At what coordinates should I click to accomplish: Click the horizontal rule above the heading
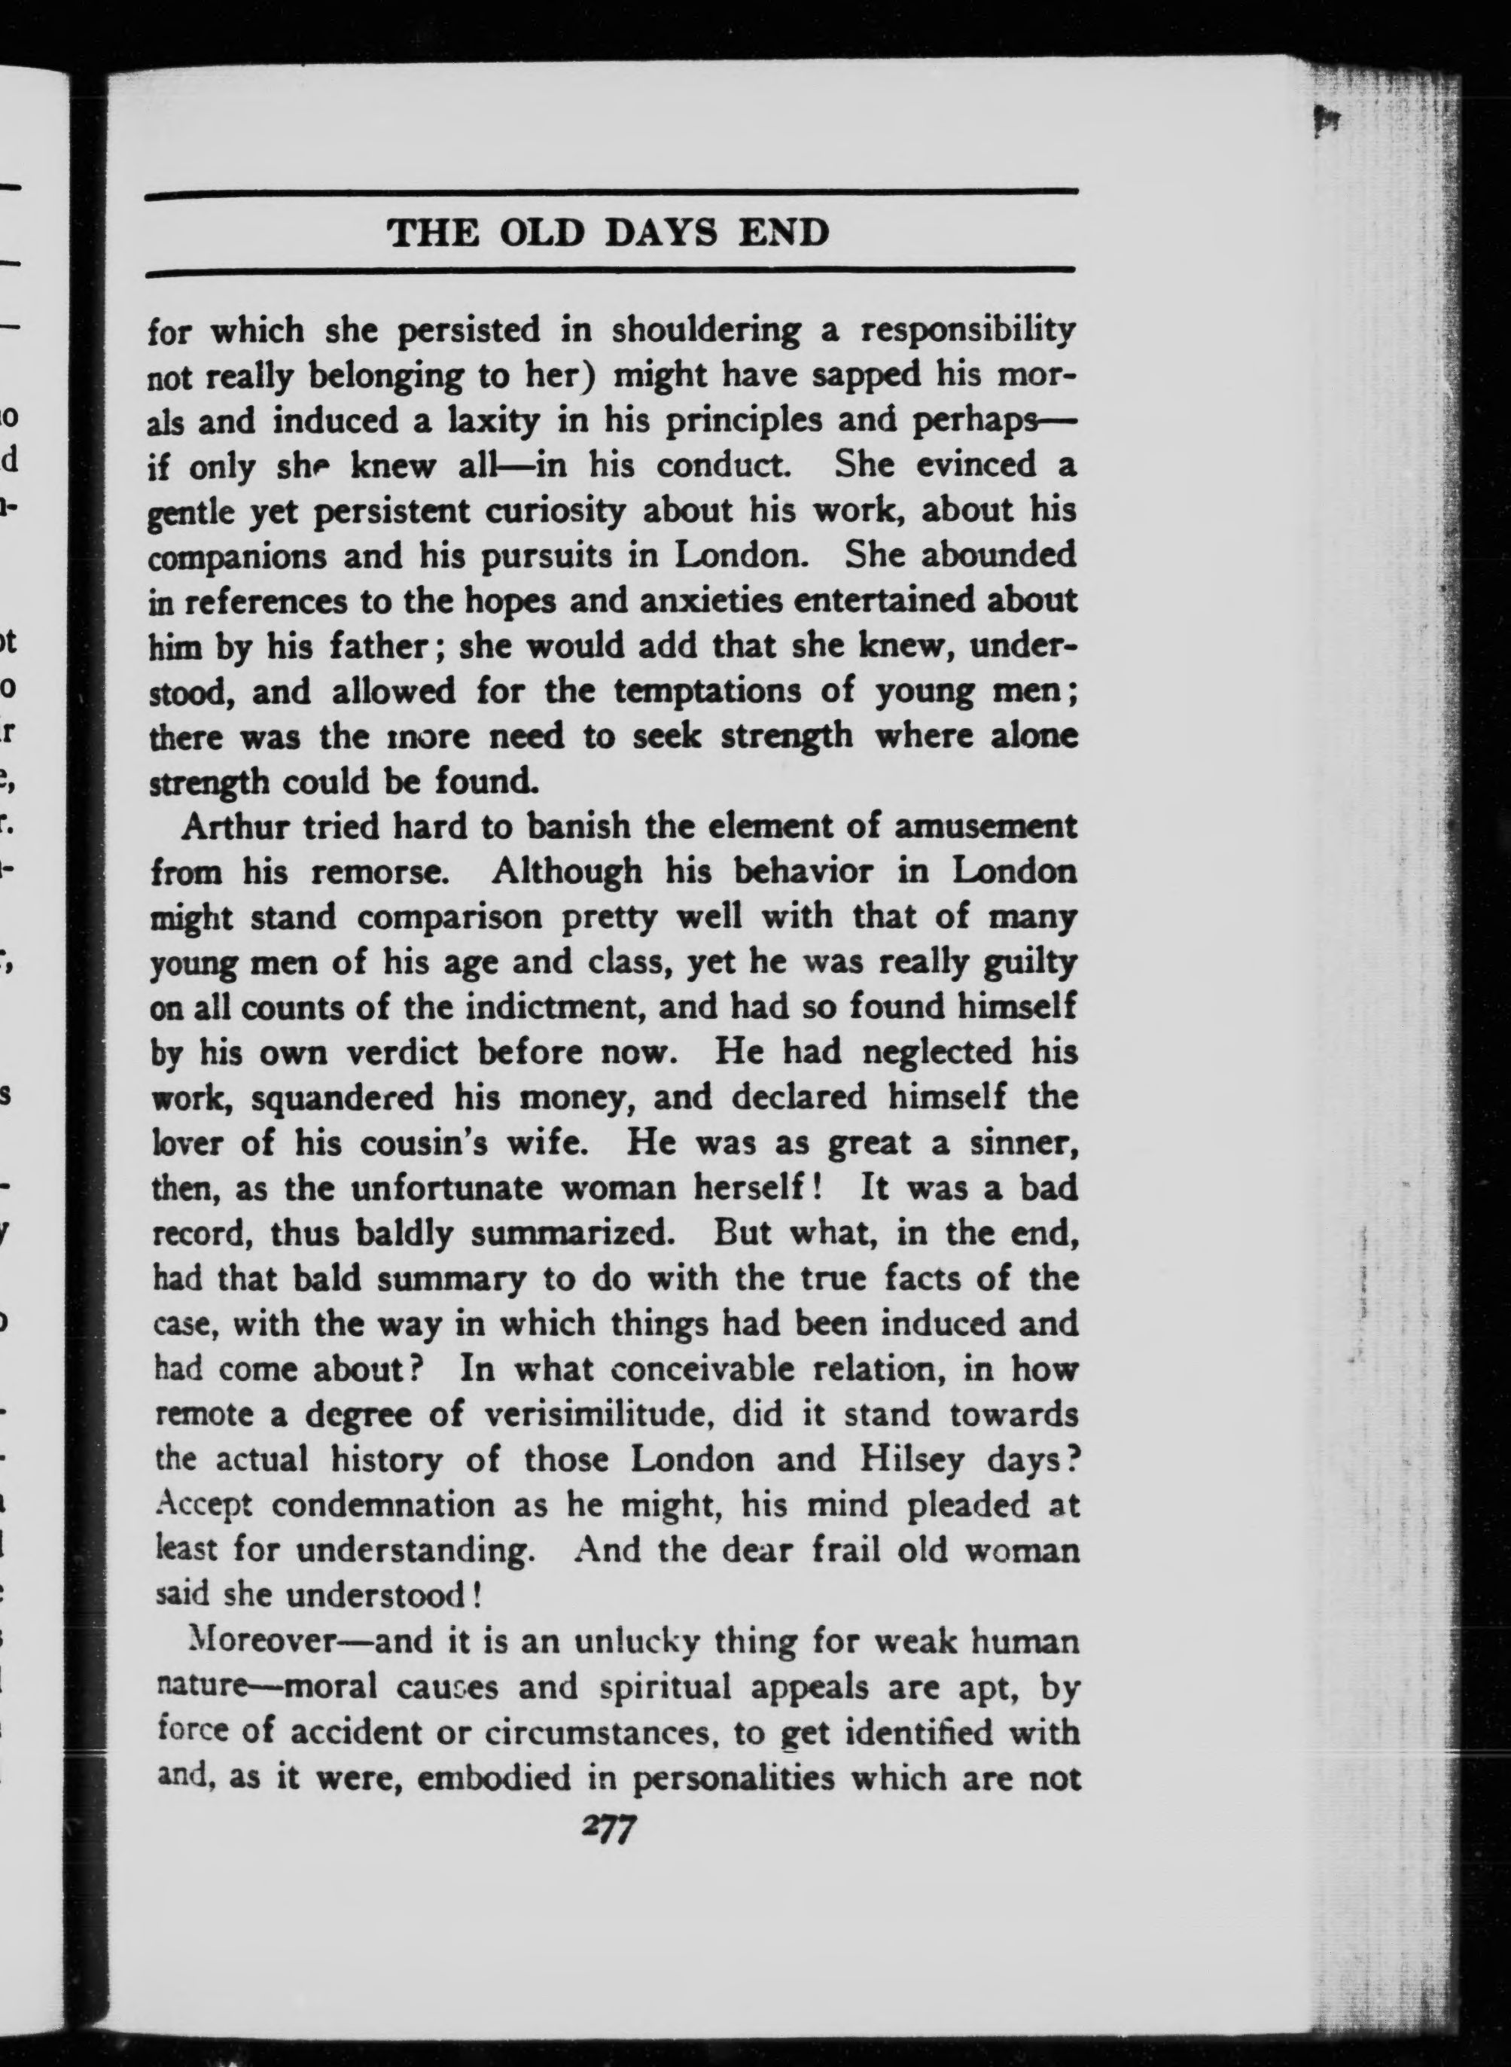[x=612, y=192]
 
